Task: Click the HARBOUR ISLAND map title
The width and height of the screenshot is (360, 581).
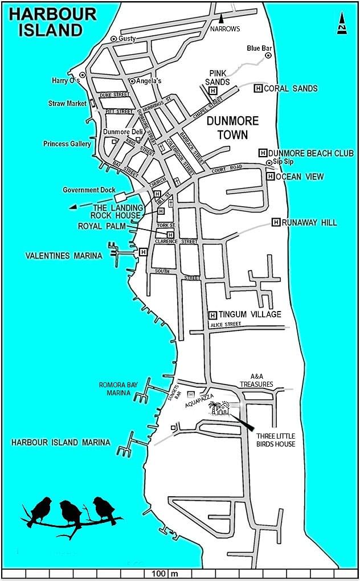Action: click(x=52, y=22)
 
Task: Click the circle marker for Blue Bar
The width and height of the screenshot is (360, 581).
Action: click(x=268, y=55)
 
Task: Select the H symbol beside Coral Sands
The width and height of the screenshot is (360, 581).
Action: click(x=257, y=88)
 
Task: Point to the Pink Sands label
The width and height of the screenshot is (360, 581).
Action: click(x=219, y=77)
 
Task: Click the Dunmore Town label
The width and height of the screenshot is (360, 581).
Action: click(x=232, y=128)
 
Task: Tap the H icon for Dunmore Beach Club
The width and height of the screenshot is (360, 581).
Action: click(x=263, y=153)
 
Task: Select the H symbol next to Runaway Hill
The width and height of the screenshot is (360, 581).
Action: click(x=276, y=222)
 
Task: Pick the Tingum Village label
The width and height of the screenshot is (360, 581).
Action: click(x=250, y=314)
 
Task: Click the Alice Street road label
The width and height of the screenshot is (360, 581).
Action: click(x=226, y=324)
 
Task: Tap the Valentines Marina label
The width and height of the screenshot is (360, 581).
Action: click(x=64, y=256)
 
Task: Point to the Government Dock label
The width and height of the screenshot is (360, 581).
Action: click(x=89, y=190)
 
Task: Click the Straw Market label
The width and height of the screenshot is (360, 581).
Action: click(x=67, y=104)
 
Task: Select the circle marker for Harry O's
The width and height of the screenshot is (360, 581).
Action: click(x=83, y=75)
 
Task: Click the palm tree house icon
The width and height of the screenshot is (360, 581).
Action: click(x=219, y=408)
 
